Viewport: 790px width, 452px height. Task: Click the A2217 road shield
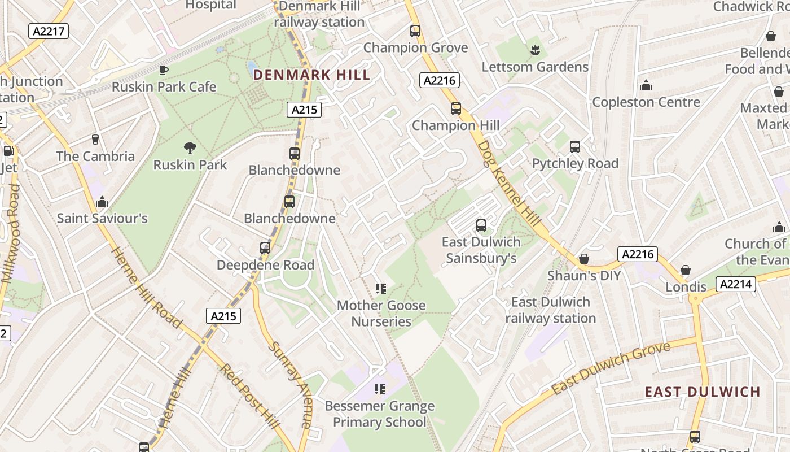[x=49, y=31]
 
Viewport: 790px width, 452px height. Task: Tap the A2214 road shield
[x=736, y=284]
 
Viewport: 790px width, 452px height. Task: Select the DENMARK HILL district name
[x=311, y=75]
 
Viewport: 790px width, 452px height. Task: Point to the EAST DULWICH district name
[x=703, y=392]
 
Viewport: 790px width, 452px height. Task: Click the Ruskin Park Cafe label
[x=164, y=87]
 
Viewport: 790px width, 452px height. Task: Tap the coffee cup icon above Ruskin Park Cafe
[x=163, y=70]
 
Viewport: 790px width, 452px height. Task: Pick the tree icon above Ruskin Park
[x=190, y=148]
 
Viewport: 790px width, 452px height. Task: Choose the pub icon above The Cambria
[x=95, y=140]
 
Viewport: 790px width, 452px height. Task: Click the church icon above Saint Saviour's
[x=102, y=202]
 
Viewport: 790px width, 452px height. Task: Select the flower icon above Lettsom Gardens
[x=535, y=50]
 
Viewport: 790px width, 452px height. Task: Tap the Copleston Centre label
[x=646, y=102]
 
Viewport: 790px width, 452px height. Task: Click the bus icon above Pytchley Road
[x=575, y=147]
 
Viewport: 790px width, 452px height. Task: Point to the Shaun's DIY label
[x=584, y=276]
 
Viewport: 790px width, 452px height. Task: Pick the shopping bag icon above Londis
[x=686, y=270]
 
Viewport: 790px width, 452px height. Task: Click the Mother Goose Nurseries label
[x=381, y=314]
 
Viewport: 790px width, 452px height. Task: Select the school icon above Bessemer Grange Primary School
[x=380, y=389]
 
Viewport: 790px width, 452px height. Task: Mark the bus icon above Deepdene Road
[x=265, y=247]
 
